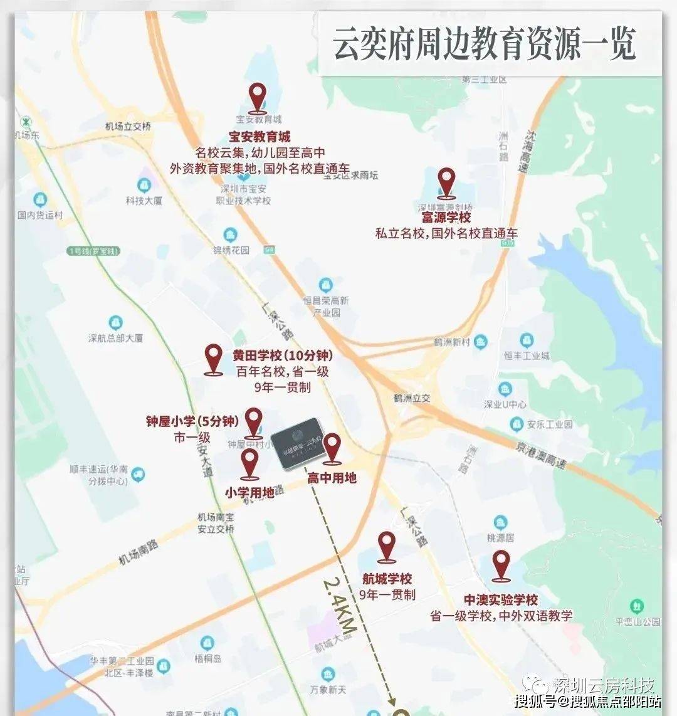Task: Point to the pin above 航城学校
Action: (x=387, y=547)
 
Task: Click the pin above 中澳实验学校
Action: (x=501, y=566)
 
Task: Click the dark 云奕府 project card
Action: (x=298, y=443)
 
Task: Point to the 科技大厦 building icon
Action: (x=144, y=186)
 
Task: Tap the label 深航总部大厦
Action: (x=116, y=338)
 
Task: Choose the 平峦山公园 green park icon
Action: (x=637, y=606)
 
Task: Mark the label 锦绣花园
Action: (x=231, y=250)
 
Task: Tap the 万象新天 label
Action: (x=328, y=690)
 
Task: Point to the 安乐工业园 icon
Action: (x=517, y=424)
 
